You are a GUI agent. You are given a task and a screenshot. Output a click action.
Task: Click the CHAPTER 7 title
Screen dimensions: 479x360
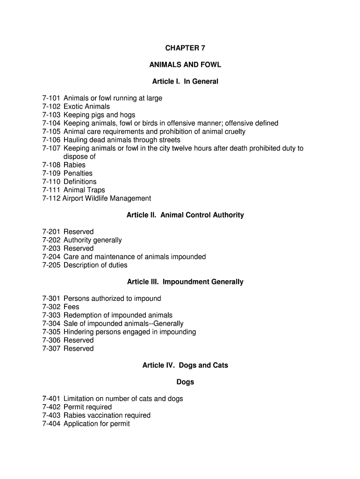click(x=185, y=48)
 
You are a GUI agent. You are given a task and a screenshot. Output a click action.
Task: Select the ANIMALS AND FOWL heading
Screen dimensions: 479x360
click(x=185, y=65)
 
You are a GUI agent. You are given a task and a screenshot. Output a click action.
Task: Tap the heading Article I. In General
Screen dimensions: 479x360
click(x=185, y=82)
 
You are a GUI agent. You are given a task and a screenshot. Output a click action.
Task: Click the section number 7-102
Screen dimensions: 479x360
click(x=51, y=107)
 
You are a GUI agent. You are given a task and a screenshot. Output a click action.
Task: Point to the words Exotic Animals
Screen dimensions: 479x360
click(x=86, y=107)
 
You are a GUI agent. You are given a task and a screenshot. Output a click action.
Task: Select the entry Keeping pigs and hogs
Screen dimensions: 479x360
click(x=99, y=115)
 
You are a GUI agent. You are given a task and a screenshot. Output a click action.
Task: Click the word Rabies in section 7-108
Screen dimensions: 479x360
click(x=74, y=165)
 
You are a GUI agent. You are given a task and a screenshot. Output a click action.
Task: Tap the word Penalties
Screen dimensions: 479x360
click(x=78, y=174)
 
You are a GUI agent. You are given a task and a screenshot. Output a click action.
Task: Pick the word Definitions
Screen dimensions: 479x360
click(x=80, y=182)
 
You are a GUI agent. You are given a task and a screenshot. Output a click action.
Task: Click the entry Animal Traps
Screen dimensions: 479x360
click(x=84, y=190)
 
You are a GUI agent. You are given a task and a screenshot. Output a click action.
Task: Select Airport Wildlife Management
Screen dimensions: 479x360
click(x=107, y=198)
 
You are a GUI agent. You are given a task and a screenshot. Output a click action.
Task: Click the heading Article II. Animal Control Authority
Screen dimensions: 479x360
click(x=185, y=215)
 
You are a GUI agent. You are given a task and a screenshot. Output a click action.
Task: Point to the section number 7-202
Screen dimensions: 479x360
click(x=51, y=240)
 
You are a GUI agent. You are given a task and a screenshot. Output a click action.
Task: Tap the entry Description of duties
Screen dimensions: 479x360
click(x=95, y=265)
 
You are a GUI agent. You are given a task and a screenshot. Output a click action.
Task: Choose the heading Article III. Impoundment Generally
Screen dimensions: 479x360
click(x=185, y=282)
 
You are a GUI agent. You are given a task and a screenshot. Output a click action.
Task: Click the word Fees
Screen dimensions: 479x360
click(x=72, y=307)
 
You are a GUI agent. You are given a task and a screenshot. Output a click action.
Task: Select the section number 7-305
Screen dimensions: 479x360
click(x=51, y=332)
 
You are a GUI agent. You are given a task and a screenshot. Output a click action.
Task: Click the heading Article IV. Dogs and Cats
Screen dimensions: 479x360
click(x=185, y=365)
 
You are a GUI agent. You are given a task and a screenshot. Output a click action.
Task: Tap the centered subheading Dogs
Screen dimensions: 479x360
click(x=185, y=382)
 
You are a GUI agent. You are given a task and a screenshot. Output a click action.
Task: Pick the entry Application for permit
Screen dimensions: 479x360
click(x=97, y=424)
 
